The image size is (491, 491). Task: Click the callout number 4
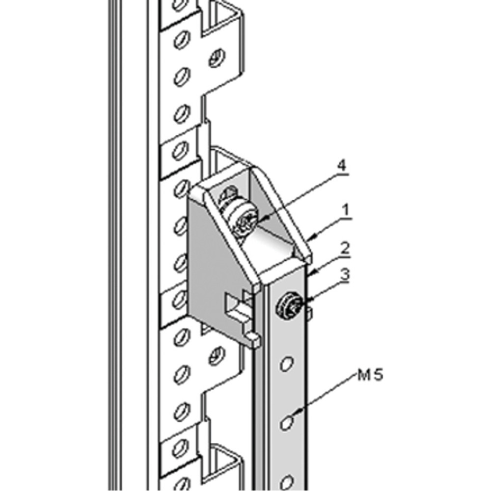[342, 165]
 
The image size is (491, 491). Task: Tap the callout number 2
[346, 248]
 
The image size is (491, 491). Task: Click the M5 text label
[370, 376]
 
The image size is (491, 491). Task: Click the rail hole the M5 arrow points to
[287, 422]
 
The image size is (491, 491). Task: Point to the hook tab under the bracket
[253, 339]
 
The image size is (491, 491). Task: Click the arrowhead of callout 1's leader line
[310, 240]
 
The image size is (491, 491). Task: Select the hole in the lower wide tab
[216, 355]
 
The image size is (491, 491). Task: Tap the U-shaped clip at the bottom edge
[223, 466]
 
